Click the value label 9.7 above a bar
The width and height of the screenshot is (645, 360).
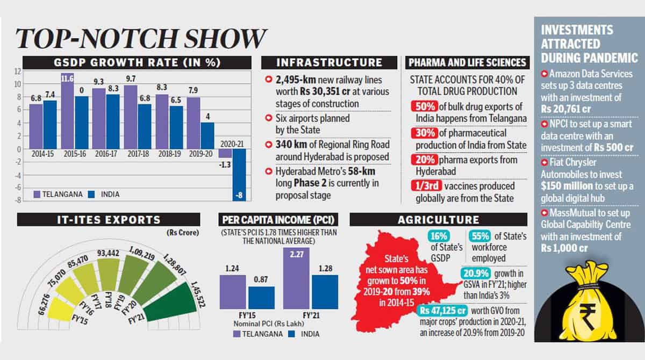pos(131,78)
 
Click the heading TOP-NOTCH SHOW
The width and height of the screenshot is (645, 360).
pos(141,39)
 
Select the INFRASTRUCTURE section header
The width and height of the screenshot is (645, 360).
pos(329,62)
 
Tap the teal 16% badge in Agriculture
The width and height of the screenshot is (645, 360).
pos(439,236)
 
